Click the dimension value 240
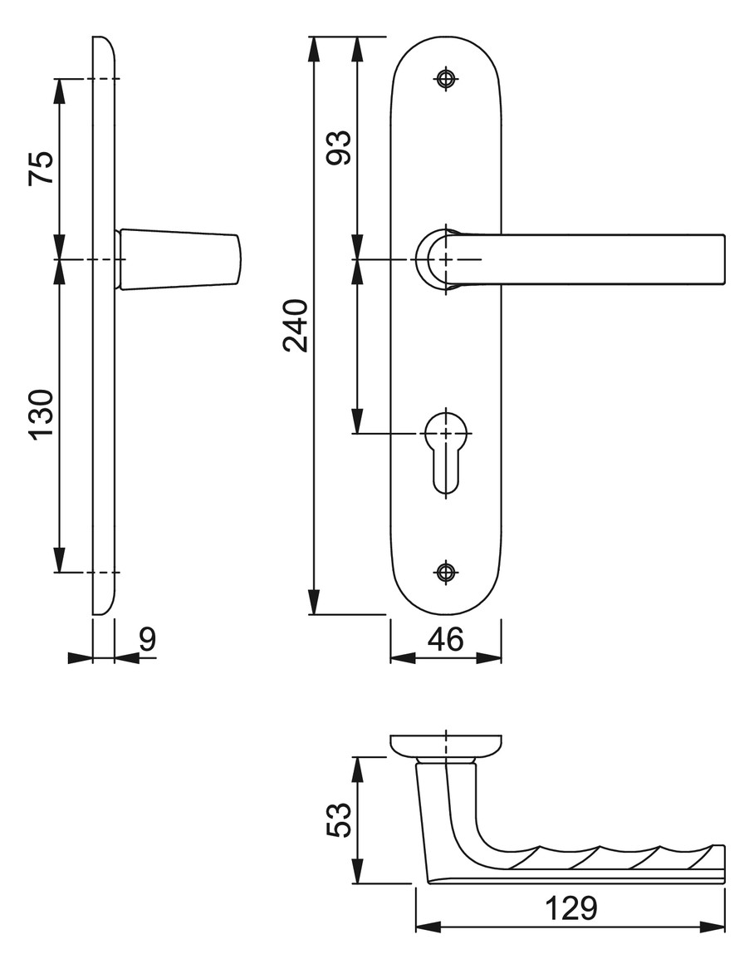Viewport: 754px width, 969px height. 295,326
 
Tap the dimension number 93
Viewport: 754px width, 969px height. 339,147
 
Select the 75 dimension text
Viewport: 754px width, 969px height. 42,168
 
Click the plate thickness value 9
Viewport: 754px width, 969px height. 148,640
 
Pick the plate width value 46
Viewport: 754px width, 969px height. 445,640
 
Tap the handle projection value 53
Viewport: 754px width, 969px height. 339,820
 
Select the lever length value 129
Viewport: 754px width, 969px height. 571,908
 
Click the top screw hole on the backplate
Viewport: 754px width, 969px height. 445,78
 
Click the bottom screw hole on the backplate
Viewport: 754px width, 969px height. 445,573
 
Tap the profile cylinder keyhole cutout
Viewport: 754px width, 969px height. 445,451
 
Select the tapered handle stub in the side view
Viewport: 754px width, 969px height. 179,259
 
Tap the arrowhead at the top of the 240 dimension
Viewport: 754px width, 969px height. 315,49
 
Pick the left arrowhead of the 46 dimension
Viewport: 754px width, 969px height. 403,659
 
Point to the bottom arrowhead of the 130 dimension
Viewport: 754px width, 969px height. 59,560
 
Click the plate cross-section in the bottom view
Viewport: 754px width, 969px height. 445,745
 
